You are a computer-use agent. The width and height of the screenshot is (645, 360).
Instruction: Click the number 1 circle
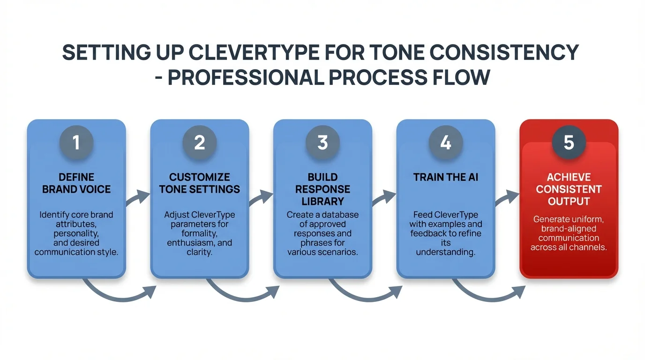point(76,142)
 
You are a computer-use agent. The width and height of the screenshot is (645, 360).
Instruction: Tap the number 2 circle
point(200,142)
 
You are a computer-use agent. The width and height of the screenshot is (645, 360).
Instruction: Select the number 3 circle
point(322,142)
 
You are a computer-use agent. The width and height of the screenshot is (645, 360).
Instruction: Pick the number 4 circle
point(446,142)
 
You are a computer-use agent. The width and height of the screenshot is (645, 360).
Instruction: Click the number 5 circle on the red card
point(569,142)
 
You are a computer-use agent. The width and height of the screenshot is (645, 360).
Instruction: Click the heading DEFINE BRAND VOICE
point(76,183)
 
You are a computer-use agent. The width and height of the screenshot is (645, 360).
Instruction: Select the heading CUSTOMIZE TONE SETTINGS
point(200,183)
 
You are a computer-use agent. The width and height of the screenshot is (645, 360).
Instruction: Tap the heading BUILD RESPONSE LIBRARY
point(322,189)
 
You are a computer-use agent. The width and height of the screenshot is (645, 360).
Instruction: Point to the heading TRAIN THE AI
point(446,177)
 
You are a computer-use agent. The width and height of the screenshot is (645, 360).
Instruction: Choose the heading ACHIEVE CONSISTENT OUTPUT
point(569,189)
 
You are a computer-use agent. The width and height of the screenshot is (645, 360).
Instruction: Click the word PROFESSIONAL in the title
point(246,77)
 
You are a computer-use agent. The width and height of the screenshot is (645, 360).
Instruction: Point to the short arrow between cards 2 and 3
point(261,198)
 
